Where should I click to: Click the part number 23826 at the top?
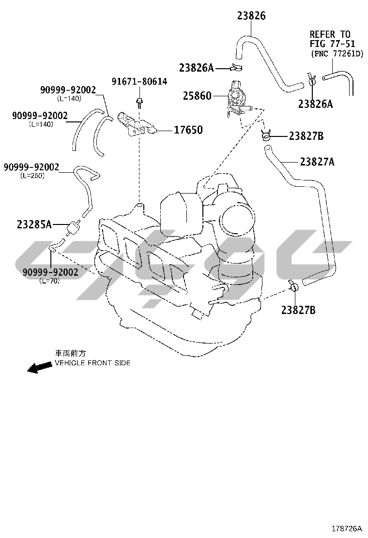pos(251,15)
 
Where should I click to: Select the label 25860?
pos(197,96)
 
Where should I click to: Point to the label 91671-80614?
pos(139,82)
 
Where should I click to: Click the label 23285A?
pos(34,224)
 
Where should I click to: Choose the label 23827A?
pos(317,162)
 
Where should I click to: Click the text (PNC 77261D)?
pos(337,54)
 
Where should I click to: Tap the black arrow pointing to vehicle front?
pos(39,368)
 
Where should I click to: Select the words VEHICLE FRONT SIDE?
pos(92,363)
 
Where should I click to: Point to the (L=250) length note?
pos(32,176)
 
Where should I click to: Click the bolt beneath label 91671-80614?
pos(139,102)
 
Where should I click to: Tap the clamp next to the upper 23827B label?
pos(266,135)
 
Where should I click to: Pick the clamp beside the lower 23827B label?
pos(294,287)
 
